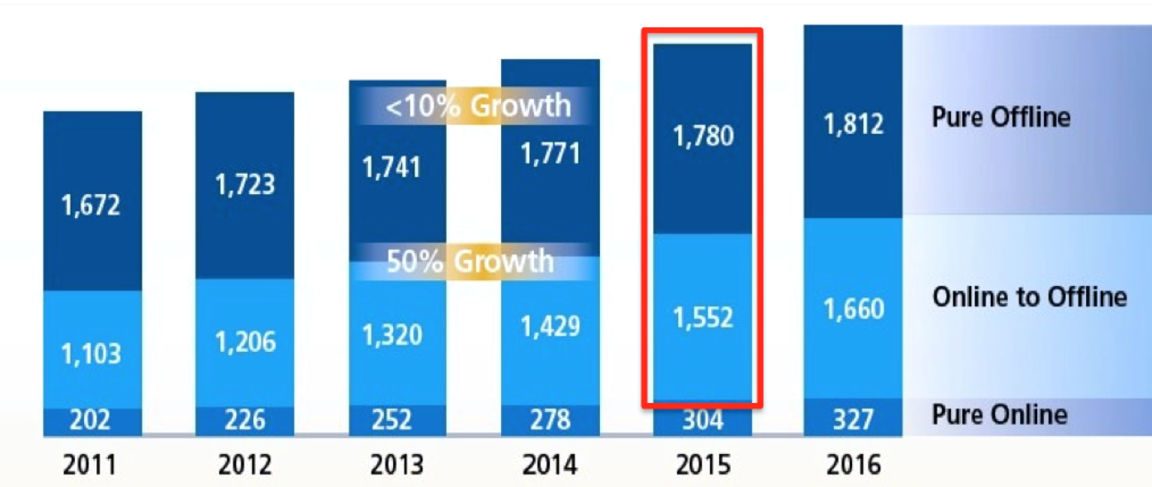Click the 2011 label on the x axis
pos(90,465)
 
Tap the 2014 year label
pos(550,465)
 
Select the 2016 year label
pos(853,465)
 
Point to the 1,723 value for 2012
pos(245,184)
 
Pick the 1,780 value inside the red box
pos(703,137)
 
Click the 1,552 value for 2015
pos(703,318)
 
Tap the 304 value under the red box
pos(703,420)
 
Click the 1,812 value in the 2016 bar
pos(853,124)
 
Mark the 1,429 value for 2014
pos(550,327)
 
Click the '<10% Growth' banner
pos(478,106)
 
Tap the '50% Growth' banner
pos(470,261)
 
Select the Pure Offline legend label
pos(1000,117)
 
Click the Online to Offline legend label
pos(1029,297)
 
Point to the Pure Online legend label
pos(999,414)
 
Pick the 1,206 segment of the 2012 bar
pos(245,342)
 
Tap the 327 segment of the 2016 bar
pos(853,420)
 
